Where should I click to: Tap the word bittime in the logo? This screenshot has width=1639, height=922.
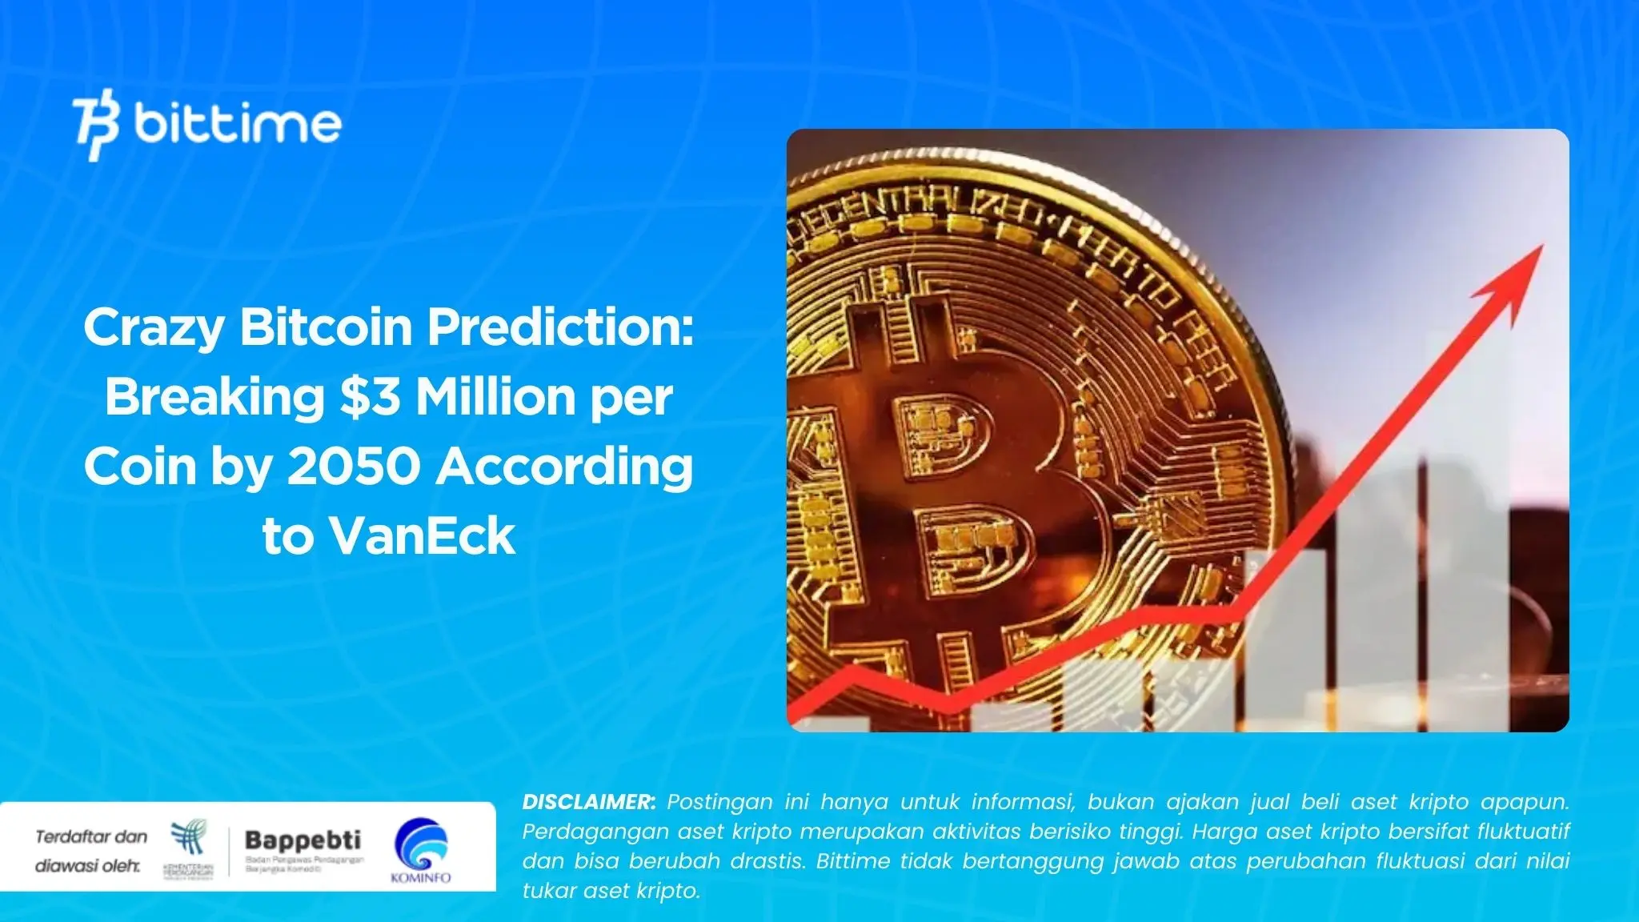tap(238, 124)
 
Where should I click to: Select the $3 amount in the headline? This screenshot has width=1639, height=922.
tap(369, 397)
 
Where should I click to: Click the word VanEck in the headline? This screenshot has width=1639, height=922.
tap(422, 535)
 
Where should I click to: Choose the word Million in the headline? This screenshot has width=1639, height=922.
tap(496, 397)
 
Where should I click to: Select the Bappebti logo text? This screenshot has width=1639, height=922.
tap(303, 840)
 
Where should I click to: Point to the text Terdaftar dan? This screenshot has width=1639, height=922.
tap(91, 837)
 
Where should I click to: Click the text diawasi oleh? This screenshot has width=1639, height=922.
tap(87, 866)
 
